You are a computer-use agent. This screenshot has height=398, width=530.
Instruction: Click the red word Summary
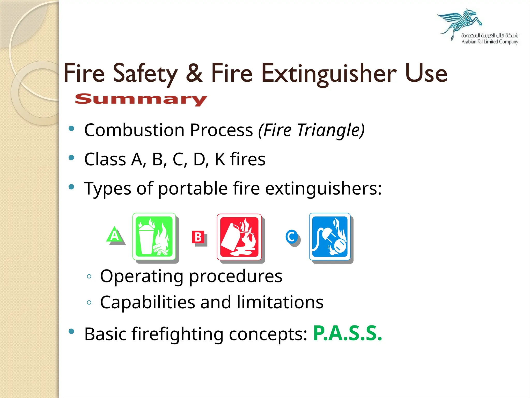141,99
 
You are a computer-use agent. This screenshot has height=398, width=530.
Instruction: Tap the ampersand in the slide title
194,73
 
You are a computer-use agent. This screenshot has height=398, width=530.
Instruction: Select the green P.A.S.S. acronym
347,333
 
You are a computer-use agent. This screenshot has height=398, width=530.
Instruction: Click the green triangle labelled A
115,235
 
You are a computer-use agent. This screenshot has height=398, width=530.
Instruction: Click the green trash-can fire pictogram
154,237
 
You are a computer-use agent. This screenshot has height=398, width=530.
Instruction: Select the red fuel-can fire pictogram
239,237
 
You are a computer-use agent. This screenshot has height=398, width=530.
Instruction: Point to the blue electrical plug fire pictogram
330,237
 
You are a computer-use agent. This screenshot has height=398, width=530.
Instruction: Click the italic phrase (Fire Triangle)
311,130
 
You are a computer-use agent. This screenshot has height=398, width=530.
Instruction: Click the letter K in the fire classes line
220,159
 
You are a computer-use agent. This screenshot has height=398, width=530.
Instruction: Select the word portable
193,188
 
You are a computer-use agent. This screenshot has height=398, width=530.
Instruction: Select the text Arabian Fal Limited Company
490,42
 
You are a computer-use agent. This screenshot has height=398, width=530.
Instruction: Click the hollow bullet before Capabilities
89,302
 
